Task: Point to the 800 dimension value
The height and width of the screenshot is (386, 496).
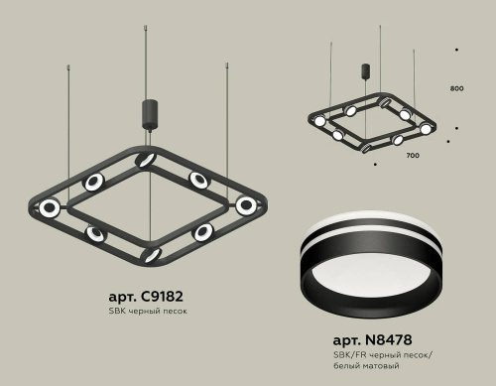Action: [456, 89]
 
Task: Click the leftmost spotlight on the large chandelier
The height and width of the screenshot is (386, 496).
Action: [49, 207]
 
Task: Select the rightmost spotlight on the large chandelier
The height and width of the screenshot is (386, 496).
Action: [245, 205]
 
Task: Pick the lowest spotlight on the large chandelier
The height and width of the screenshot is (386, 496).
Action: [151, 254]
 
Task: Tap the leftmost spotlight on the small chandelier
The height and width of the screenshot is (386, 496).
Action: [320, 121]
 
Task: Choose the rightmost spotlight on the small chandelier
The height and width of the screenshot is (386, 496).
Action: [426, 129]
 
